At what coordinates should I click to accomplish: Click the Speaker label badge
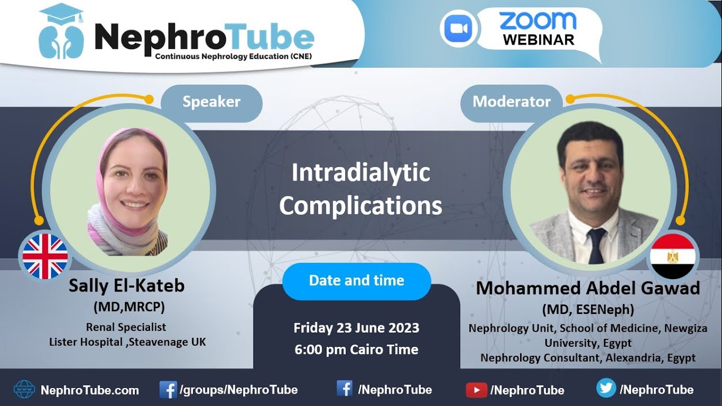pos(212,102)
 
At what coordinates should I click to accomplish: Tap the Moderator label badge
pos(511,102)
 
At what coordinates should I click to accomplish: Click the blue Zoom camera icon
pos(458,29)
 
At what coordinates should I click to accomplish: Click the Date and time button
pos(356,281)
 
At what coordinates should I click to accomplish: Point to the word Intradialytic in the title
pos(360,173)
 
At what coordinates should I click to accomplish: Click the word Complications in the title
pos(360,206)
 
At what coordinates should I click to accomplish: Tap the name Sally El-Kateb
pos(126,286)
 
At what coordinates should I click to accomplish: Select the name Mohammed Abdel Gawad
pos(588,288)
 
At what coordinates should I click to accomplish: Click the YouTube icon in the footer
pos(476,390)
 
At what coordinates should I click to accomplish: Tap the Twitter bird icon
pos(606,389)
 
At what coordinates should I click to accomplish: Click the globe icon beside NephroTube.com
pos(24,389)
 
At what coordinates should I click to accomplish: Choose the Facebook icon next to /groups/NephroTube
pos(168,389)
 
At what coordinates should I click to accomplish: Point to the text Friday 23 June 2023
pos(356,328)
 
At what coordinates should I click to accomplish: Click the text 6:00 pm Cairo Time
pos(356,349)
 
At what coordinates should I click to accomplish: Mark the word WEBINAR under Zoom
pos(538,40)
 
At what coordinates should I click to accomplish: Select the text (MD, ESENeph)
pos(588,310)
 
